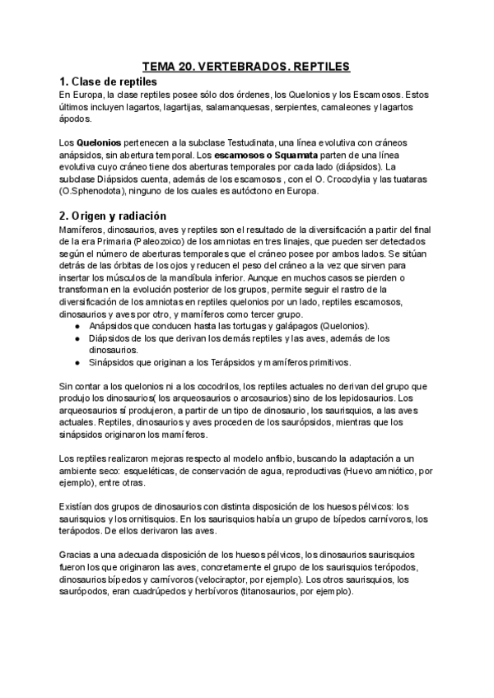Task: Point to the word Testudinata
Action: pos(250,143)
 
